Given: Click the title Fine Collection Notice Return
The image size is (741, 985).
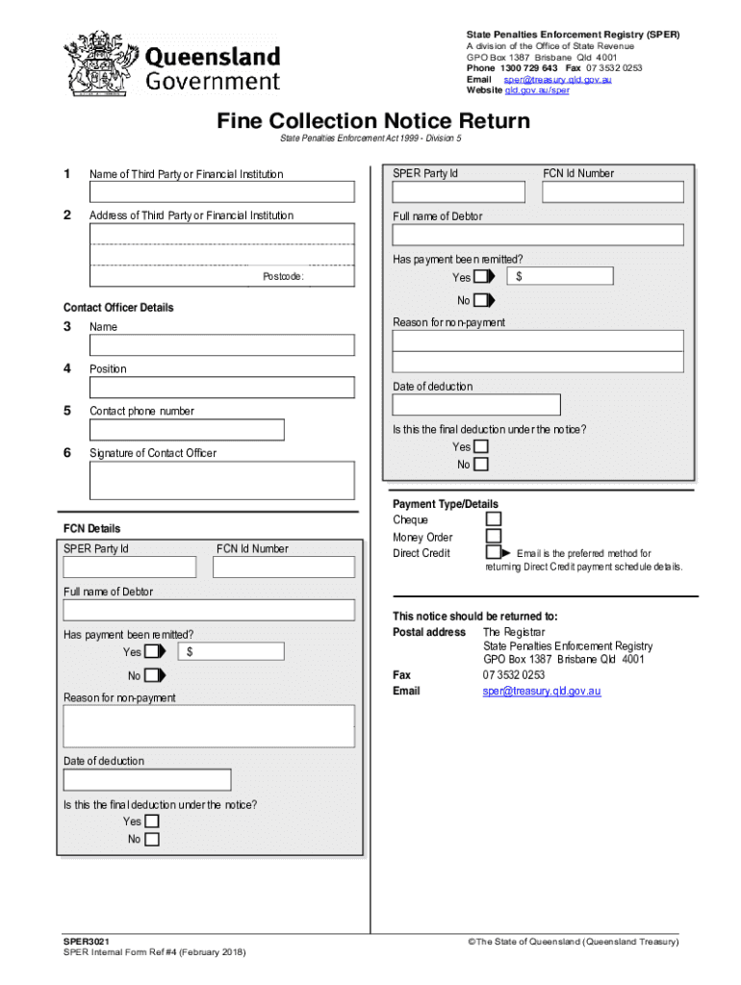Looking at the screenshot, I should click(x=372, y=121).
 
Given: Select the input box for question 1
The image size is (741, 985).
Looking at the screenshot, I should click(x=221, y=191).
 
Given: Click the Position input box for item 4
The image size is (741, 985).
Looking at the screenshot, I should click(x=221, y=388).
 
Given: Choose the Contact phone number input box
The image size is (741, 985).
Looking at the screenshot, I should click(x=187, y=429).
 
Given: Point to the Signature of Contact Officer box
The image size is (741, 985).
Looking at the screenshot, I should click(x=221, y=480).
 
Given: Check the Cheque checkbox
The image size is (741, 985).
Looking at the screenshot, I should click(x=494, y=519).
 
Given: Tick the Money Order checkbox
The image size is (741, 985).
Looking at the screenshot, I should click(x=494, y=537).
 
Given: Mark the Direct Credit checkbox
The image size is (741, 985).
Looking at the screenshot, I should click(x=494, y=553).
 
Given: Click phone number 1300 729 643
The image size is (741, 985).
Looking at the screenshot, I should click(x=528, y=68).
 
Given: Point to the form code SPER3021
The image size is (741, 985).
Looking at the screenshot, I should click(x=86, y=943).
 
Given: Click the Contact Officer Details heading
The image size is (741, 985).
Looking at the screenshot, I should click(x=118, y=308).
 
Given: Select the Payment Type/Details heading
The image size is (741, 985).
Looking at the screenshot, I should click(x=446, y=504).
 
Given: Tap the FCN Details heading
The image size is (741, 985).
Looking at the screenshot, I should click(x=92, y=529).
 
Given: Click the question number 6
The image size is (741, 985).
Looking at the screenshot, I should click(x=67, y=452).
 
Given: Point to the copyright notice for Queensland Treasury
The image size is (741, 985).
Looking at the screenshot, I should click(x=574, y=943).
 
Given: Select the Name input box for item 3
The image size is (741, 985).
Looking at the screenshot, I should click(x=221, y=345).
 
